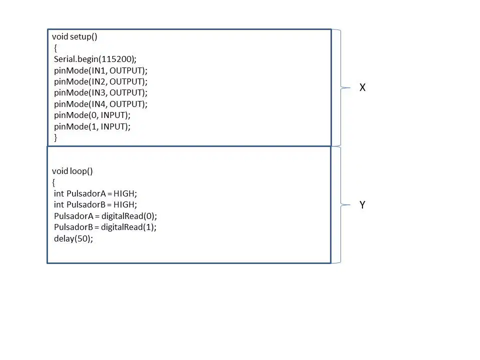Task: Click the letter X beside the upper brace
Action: pos(362,87)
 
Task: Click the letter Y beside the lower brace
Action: pos(362,205)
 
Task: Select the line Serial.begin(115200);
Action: pos(95,59)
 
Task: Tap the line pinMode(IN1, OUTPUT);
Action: pos(100,70)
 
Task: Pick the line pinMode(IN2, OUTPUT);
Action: pos(100,81)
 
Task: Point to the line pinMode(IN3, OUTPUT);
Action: pos(100,93)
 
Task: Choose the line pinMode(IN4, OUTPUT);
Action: pos(100,104)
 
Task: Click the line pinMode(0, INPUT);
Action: pos(92,115)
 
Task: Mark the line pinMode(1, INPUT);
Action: pos(92,126)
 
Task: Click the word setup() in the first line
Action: pos(83,37)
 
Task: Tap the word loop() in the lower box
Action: pos(81,171)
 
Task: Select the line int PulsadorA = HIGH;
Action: pos(95,194)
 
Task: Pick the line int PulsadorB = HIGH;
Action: pos(95,205)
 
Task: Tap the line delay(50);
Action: pos(73,239)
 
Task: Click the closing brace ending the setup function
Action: pos(55,138)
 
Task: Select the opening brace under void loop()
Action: pos(53,183)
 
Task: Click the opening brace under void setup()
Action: pos(55,48)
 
